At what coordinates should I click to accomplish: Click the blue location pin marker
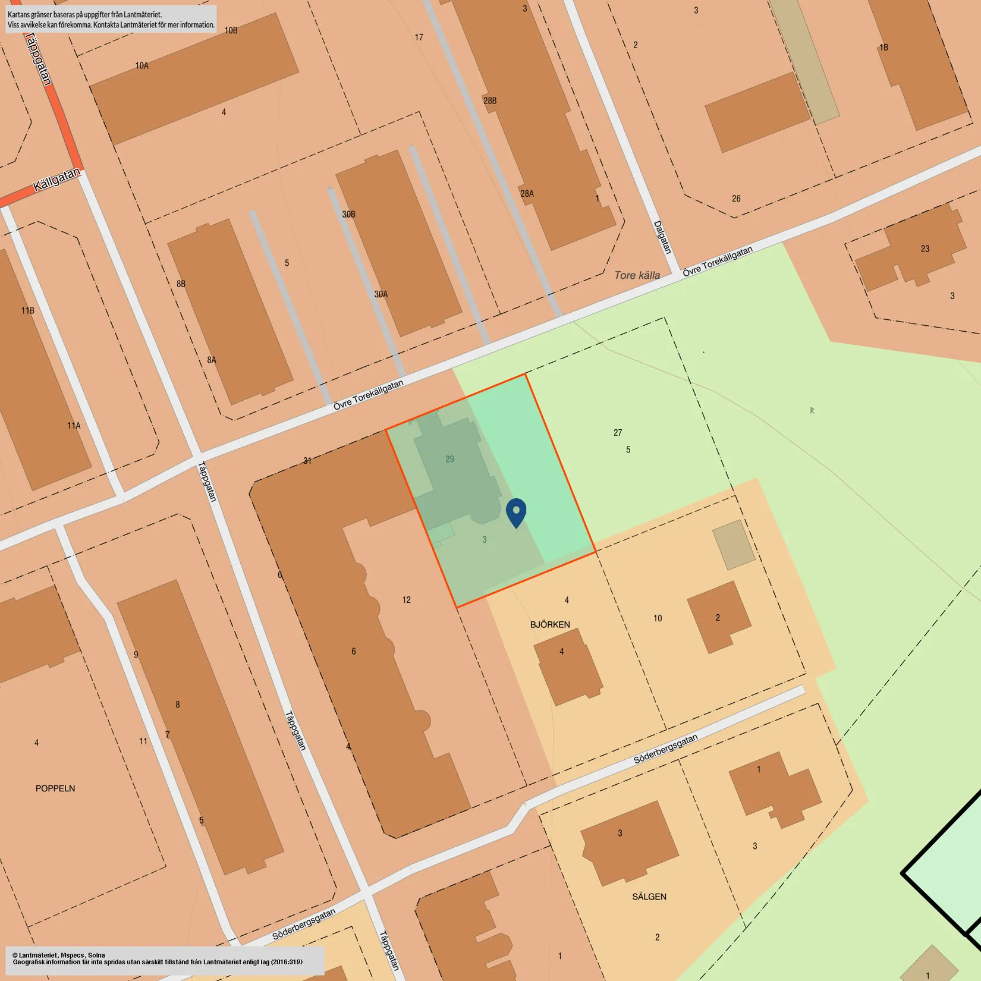coord(516,512)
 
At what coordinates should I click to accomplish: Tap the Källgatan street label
coord(56,180)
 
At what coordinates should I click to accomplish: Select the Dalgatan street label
coord(662,237)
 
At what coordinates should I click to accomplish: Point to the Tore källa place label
coord(637,275)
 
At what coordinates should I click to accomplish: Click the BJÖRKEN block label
coord(550,624)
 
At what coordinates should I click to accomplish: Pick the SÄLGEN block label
coord(649,897)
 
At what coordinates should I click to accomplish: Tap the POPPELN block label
coord(55,788)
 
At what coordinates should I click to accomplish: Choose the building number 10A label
coord(142,65)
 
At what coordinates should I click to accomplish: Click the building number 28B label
coord(490,100)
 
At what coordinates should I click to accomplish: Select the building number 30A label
coord(381,294)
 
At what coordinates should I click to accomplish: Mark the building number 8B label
coord(181,284)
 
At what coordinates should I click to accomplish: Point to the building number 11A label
coord(74,426)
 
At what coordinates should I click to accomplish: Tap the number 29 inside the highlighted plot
coord(450,459)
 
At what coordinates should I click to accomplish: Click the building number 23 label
coord(925,249)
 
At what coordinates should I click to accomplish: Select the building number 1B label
coord(884,48)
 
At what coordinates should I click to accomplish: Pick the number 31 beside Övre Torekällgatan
coord(307,460)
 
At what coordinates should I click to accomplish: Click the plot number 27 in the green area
coord(618,433)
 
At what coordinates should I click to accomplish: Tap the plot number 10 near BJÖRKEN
coord(658,618)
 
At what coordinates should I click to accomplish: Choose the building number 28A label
coord(527,194)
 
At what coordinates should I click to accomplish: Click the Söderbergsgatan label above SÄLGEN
coord(665,749)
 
